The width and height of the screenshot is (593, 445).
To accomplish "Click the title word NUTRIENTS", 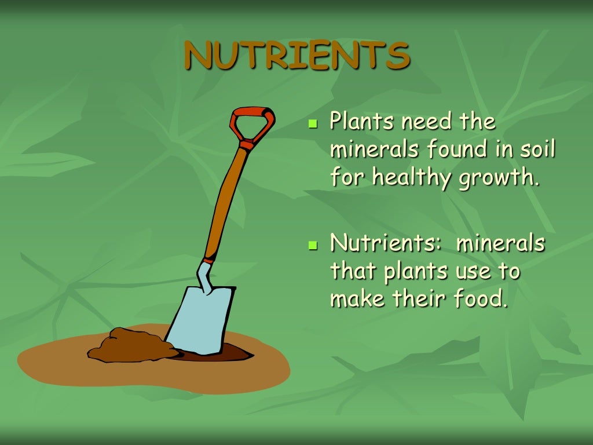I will [296, 56].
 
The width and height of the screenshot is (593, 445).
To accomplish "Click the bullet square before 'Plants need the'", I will [313, 124].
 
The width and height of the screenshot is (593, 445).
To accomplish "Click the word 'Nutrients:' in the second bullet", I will [386, 243].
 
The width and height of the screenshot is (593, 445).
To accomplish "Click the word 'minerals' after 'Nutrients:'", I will [501, 243].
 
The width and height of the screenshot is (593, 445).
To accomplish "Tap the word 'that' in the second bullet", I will [350, 271].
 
